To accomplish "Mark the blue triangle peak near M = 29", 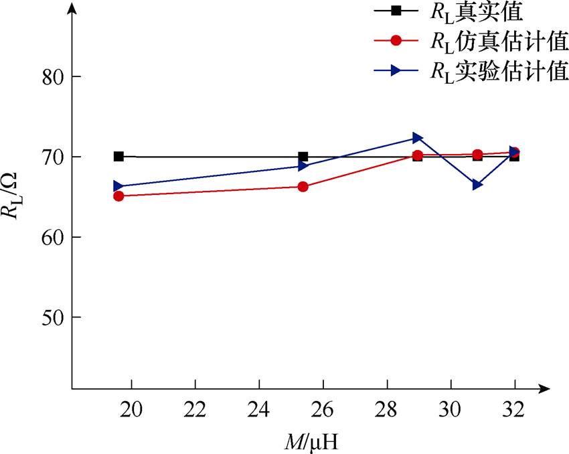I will click(x=418, y=138).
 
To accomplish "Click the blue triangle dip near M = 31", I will click(x=477, y=184).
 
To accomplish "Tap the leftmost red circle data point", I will click(x=118, y=196).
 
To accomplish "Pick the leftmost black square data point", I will click(x=118, y=157).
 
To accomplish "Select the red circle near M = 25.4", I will click(x=303, y=187).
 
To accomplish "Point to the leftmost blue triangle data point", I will click(x=118, y=186).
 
